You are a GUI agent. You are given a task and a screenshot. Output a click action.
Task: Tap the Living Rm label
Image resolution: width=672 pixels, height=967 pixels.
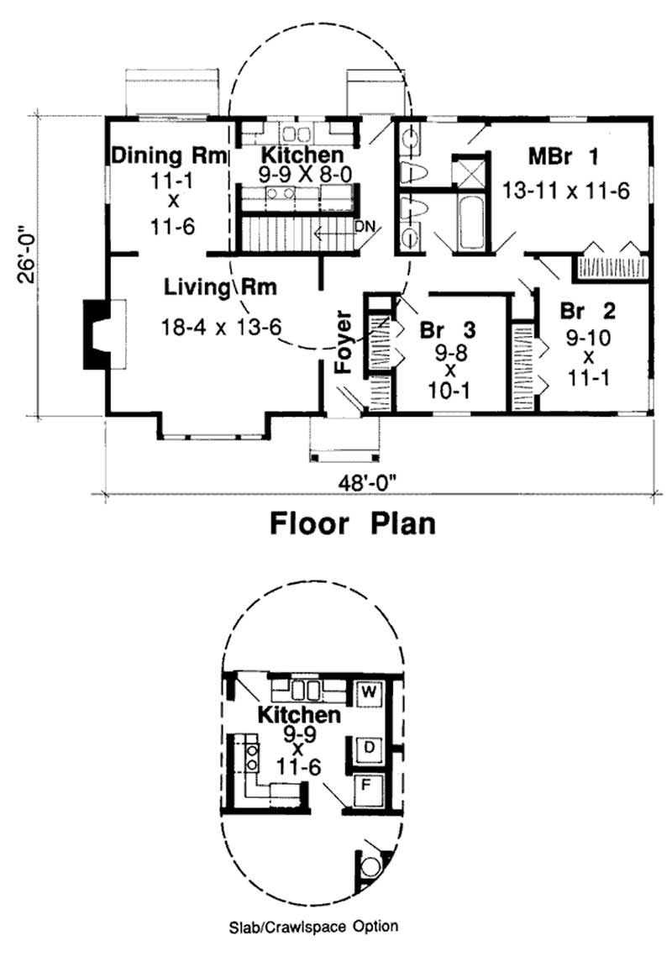coord(221,287)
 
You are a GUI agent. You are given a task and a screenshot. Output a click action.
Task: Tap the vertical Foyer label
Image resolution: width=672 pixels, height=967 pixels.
coord(342,344)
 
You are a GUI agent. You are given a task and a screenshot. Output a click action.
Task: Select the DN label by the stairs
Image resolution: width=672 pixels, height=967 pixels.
coord(365,225)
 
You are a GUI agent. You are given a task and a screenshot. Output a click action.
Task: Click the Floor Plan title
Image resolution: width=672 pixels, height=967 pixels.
coord(353,524)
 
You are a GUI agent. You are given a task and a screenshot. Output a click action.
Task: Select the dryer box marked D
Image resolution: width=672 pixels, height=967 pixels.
coord(368,747)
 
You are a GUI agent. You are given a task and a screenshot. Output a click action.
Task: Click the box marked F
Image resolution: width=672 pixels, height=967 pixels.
coord(368,789)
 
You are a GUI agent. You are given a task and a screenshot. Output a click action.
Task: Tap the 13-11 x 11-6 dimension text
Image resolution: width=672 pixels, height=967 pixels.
coord(565,190)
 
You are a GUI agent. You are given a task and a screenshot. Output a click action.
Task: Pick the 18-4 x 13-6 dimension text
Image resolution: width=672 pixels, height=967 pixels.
coord(222,327)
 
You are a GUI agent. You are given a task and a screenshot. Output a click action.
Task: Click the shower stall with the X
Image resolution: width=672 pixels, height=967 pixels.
coord(466,172)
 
